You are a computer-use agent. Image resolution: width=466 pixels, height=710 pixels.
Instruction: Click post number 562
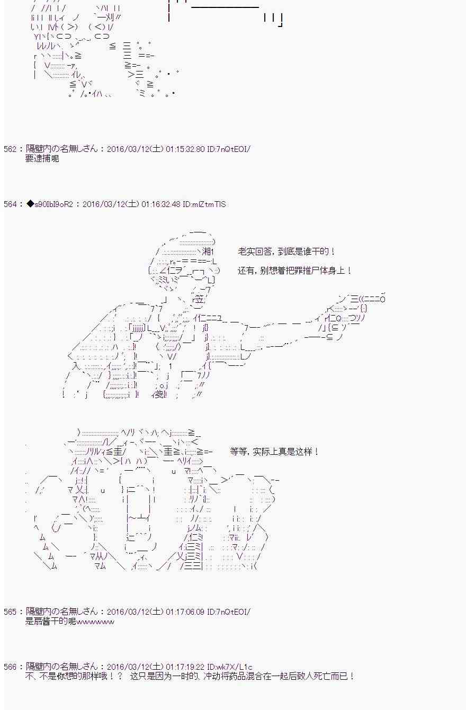(10, 149)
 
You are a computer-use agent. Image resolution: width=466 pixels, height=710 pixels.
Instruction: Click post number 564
(10, 204)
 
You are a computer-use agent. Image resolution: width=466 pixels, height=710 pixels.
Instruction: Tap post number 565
(10, 612)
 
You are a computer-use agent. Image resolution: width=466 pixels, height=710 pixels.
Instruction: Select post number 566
(10, 667)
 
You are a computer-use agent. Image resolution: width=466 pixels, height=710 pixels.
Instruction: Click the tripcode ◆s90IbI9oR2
(50, 204)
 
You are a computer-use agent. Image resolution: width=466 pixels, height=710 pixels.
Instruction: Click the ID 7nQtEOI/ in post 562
(229, 149)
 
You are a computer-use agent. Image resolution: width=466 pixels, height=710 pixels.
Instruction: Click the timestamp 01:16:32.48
(161, 204)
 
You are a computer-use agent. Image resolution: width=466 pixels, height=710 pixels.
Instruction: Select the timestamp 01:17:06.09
(185, 612)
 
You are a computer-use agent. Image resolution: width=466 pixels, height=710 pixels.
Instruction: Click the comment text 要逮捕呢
(42, 158)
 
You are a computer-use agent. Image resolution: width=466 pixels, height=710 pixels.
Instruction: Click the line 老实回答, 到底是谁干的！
(286, 251)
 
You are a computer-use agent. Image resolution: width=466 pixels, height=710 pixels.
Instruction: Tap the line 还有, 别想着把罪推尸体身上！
(295, 271)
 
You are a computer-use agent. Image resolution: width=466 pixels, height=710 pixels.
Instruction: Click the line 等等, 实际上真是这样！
(274, 451)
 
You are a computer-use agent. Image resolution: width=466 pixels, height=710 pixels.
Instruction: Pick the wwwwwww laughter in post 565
(95, 622)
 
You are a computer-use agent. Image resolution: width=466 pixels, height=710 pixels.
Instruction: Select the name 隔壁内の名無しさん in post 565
(61, 612)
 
